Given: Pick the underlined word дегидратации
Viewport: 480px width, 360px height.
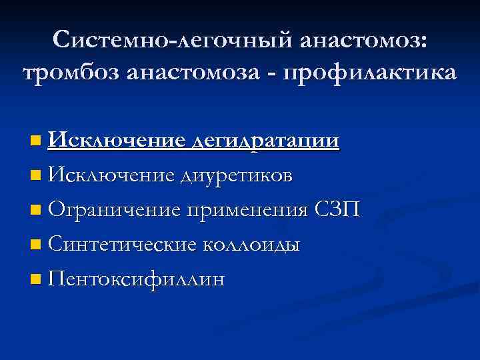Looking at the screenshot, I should point(265,141).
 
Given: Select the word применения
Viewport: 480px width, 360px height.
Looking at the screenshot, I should point(248,211).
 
